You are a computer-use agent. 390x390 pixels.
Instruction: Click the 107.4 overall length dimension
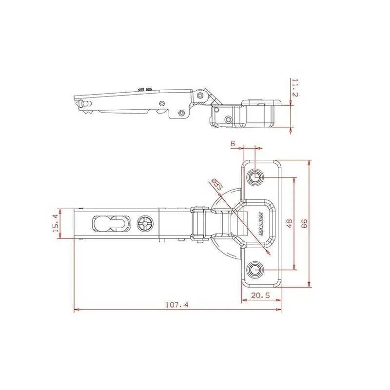[x=177, y=305]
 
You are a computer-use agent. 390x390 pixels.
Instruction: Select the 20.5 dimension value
[x=260, y=295]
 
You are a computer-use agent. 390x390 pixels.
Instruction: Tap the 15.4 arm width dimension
[x=56, y=223]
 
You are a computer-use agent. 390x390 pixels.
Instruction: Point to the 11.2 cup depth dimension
[x=295, y=88]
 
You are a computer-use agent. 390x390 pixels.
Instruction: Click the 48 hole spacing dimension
[x=290, y=223]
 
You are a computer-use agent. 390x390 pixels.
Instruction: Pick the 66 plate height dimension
[x=304, y=223]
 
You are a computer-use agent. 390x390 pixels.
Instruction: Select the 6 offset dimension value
[x=233, y=143]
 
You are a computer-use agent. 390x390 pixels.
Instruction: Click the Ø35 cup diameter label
[x=216, y=185]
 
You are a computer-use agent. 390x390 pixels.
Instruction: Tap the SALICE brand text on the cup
[x=261, y=223]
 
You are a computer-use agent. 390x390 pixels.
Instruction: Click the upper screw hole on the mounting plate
[x=254, y=177]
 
